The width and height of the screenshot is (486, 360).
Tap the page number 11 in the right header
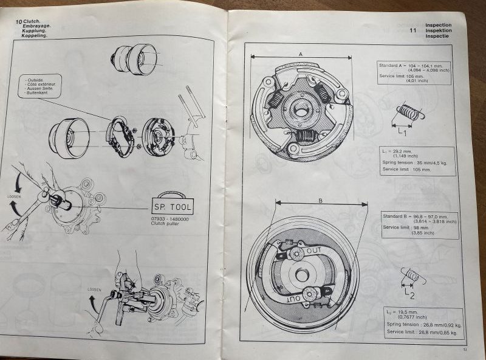point(413,30)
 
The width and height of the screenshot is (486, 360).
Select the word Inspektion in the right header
point(439,30)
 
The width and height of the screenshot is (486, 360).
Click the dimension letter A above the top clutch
point(300,54)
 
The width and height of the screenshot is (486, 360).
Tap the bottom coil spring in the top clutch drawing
point(304,136)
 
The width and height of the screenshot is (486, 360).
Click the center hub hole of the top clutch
point(301,110)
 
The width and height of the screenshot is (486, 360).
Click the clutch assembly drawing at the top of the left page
point(134,60)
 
